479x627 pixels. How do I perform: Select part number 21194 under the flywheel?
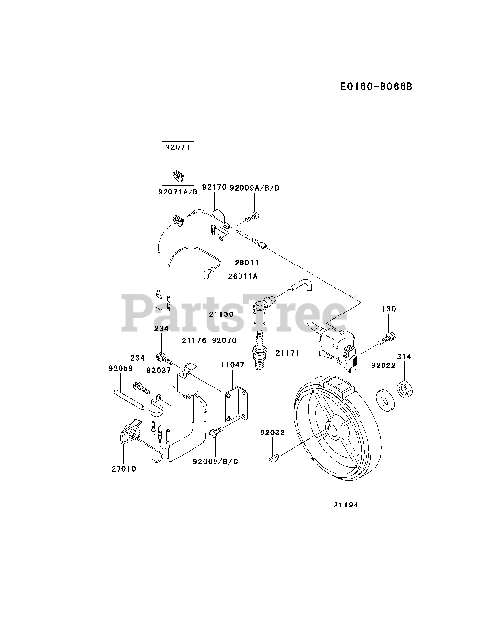[346, 505]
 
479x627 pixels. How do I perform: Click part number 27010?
[123, 469]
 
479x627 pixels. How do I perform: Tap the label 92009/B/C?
[216, 461]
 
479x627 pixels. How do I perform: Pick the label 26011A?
[242, 276]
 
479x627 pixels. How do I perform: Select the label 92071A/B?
[177, 192]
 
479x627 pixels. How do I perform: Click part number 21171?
[287, 353]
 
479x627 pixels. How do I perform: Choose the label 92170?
[214, 187]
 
